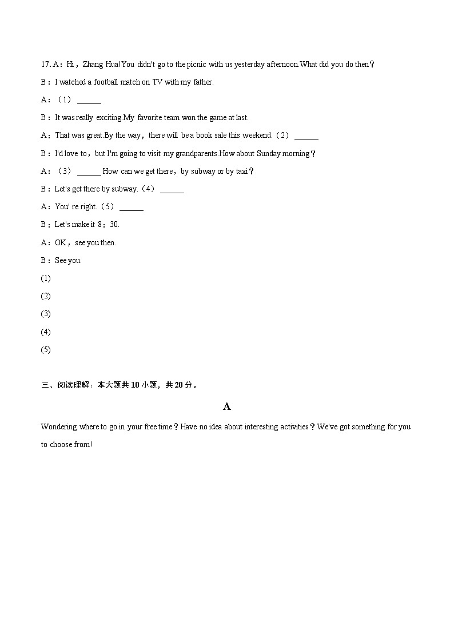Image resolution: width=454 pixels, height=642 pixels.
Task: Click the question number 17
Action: tap(45, 65)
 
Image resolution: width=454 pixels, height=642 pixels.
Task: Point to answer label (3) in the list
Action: tap(46, 314)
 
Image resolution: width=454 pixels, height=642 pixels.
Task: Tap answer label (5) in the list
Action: tap(46, 349)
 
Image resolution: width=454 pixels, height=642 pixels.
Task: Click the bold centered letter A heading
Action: tap(227, 406)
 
